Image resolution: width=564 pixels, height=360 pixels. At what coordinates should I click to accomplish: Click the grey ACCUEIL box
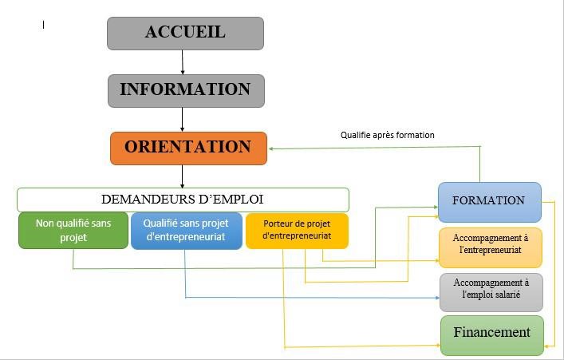coord(185,34)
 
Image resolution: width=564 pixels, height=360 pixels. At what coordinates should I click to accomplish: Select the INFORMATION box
coord(185,90)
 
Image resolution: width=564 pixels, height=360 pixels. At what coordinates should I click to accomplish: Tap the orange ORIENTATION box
coord(188,148)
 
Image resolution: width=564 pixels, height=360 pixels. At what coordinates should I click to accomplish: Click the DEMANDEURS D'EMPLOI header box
coord(183,200)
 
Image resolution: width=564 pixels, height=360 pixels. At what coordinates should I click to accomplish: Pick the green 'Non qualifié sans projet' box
coord(73,231)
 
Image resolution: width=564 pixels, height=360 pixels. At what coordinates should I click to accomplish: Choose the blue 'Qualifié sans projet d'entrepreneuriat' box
coord(185,231)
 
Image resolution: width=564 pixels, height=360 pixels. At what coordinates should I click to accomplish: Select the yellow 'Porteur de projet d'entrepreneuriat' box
coord(297,231)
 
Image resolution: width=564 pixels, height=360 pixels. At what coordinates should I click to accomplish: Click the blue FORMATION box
coord(489,201)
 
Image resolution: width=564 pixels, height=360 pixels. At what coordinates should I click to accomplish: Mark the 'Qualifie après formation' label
coord(388,135)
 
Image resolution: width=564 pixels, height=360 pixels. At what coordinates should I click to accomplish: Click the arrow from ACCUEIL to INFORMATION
coord(183,62)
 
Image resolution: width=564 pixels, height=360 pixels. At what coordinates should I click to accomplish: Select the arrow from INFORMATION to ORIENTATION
coord(183,119)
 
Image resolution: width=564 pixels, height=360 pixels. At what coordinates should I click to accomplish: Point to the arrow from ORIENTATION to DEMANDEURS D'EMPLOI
coord(183,176)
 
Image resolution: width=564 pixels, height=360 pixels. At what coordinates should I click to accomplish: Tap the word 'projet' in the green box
coord(73,238)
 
